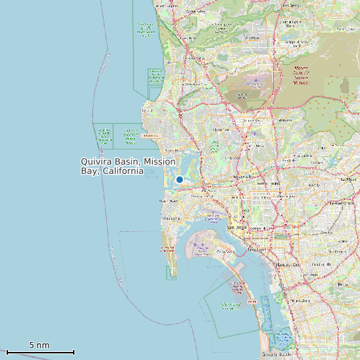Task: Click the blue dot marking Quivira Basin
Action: [x=179, y=179]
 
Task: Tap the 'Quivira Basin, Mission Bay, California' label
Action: [x=128, y=166]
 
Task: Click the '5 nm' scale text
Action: [x=39, y=345]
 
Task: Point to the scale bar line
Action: [x=40, y=352]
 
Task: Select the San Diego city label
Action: [x=237, y=227]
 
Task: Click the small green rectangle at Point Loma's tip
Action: [x=171, y=272]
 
